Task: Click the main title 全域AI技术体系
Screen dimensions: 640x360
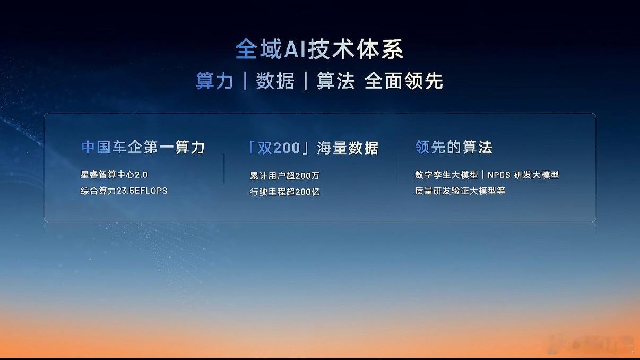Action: click(319, 49)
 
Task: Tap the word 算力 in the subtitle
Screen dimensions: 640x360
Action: click(214, 81)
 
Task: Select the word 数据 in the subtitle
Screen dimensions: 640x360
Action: click(275, 81)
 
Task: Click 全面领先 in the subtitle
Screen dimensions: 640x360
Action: click(404, 81)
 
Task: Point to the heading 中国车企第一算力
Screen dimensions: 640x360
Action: click(143, 147)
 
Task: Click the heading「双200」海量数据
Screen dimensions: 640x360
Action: click(313, 148)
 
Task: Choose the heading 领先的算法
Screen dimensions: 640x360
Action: click(454, 147)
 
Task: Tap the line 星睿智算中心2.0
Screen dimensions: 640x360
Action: click(114, 174)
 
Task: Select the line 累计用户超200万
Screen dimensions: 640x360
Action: click(284, 176)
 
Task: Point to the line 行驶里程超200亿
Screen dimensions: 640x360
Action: click(284, 192)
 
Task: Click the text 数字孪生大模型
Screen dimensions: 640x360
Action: click(446, 175)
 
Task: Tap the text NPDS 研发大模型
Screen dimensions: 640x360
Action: click(523, 175)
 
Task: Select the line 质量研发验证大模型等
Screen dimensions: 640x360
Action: click(460, 191)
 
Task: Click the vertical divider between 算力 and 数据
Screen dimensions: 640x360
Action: click(245, 81)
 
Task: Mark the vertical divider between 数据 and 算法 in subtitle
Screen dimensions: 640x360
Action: click(306, 81)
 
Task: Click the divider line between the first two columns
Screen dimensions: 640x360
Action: click(224, 169)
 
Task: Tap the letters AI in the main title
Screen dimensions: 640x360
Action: click(295, 50)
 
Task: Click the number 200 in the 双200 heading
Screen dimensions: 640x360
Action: click(287, 148)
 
